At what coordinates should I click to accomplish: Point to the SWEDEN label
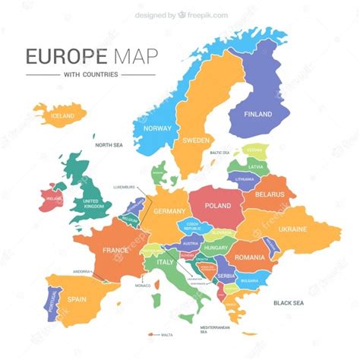(197, 141)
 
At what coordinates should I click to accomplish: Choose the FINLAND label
(257, 114)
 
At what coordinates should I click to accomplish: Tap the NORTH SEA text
(109, 144)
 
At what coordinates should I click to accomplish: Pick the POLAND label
(217, 205)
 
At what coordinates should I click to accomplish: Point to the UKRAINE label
(292, 229)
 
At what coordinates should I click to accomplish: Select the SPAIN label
(77, 300)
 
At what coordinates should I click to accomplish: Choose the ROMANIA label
(250, 257)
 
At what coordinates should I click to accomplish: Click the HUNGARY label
(216, 248)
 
